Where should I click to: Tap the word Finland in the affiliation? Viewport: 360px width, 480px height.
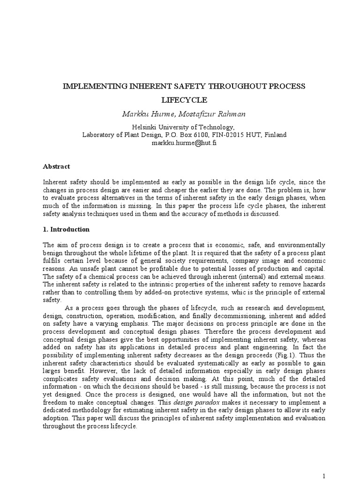pos(275,135)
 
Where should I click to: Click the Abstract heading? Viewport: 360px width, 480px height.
pos(56,166)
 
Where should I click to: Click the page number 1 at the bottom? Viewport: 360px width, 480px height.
pos(323,476)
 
